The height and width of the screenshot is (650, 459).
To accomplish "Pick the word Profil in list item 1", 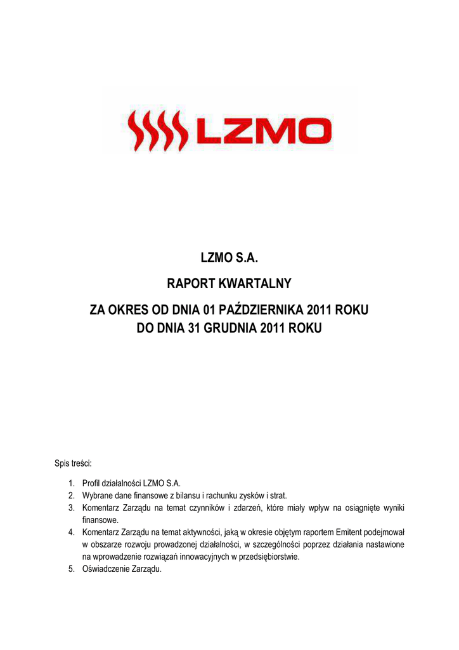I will [x=93, y=484].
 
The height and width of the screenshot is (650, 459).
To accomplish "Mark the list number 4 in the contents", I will [x=72, y=532].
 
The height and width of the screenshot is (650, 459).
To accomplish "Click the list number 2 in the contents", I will [x=72, y=495].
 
